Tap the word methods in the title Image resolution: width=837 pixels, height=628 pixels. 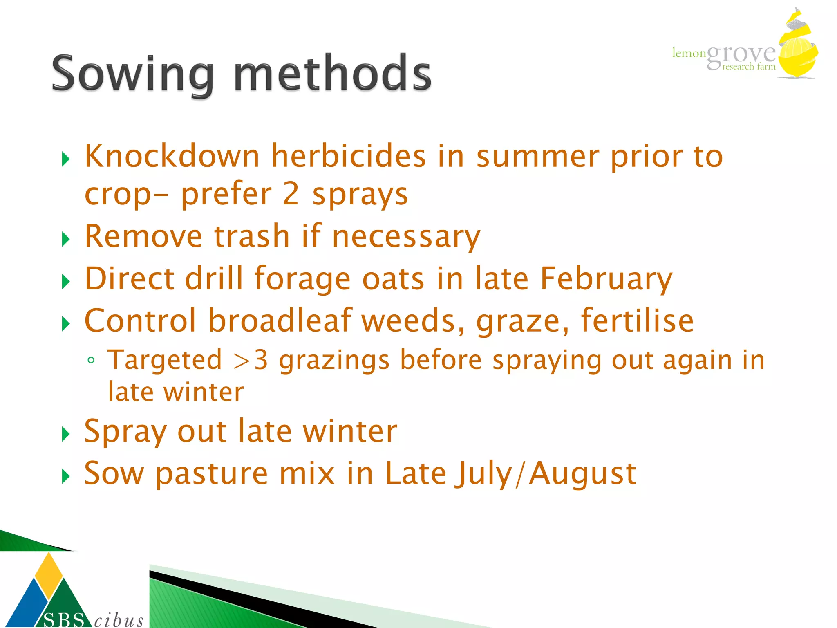(x=332, y=74)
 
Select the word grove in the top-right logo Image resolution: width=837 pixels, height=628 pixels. (x=741, y=55)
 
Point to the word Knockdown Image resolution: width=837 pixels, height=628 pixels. (x=172, y=156)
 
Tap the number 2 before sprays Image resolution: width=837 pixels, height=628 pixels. (x=291, y=194)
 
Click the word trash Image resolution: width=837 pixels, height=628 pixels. (x=252, y=236)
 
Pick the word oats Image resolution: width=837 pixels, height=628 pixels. (x=393, y=279)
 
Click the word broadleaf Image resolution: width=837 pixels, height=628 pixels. (x=280, y=321)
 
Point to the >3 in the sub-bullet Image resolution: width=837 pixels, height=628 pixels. (x=250, y=360)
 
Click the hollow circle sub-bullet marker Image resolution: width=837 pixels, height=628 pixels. (x=91, y=360)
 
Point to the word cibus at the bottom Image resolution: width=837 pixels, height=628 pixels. (x=119, y=620)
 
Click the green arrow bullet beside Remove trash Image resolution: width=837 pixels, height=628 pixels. (x=66, y=239)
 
